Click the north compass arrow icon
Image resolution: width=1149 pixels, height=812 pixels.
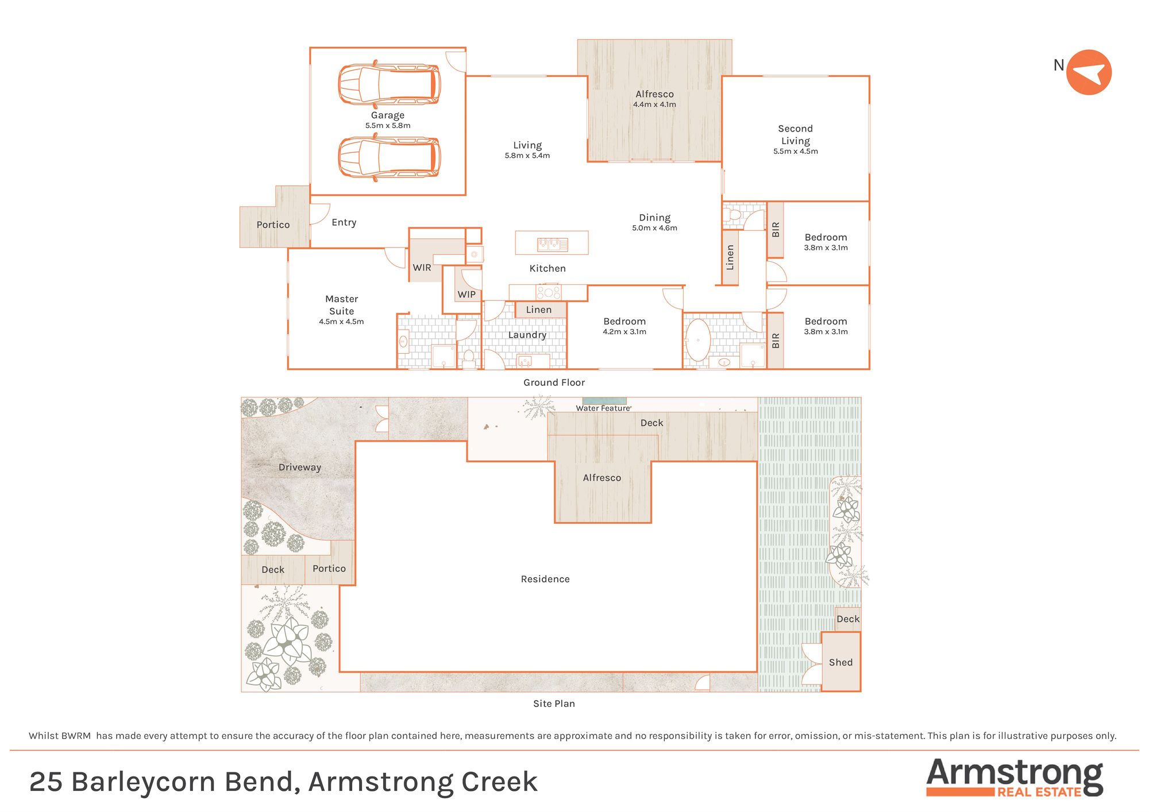coord(1089,72)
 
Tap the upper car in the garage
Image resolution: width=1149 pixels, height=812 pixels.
coord(389,84)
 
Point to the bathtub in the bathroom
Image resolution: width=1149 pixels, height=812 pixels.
coord(698,340)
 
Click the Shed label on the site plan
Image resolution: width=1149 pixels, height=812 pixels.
coord(840,662)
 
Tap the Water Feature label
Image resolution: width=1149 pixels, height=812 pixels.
coord(603,408)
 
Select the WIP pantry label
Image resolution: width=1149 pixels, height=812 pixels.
coord(466,295)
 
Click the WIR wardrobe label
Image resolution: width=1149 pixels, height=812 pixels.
coord(422,268)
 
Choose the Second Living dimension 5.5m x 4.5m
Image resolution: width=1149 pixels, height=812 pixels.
coord(795,152)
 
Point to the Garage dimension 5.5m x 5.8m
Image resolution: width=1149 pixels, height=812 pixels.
coord(388,126)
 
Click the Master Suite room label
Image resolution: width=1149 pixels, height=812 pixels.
coord(341,305)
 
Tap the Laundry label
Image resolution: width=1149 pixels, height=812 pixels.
coord(527,335)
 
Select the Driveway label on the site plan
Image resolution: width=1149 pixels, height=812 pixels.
coord(299,467)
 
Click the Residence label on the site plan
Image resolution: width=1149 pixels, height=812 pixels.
coord(545,579)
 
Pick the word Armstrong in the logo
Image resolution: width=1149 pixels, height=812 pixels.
coord(1015,773)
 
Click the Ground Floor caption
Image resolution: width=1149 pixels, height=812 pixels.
coord(554,382)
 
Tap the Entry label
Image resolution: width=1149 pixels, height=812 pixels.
coord(344,222)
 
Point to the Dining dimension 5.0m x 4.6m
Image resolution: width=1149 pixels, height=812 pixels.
coord(654,228)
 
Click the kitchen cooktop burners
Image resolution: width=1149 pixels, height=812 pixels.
coord(549,292)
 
